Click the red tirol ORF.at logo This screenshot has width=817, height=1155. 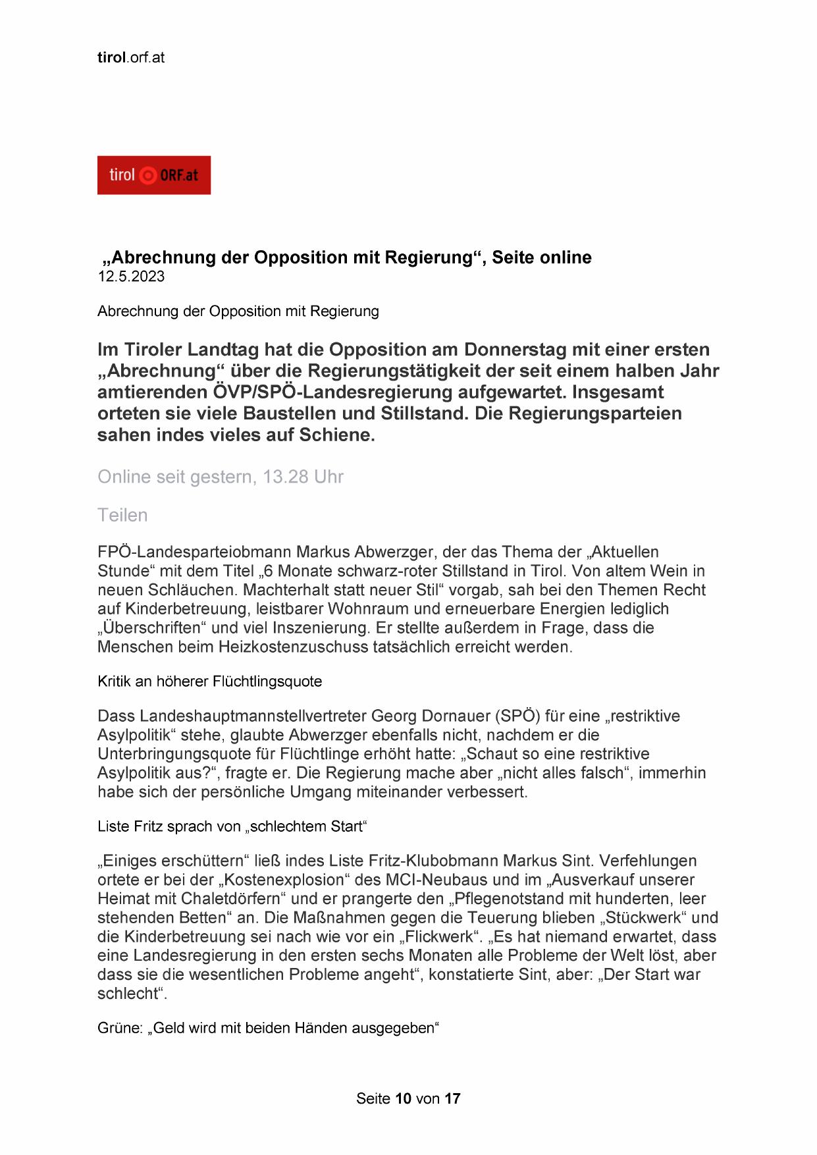(154, 175)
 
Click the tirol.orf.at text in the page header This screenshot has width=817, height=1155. (131, 57)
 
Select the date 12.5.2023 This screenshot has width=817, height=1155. (131, 277)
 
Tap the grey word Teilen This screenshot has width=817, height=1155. (122, 515)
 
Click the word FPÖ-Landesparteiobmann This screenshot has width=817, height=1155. (194, 552)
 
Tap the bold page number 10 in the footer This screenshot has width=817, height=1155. (404, 1098)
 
